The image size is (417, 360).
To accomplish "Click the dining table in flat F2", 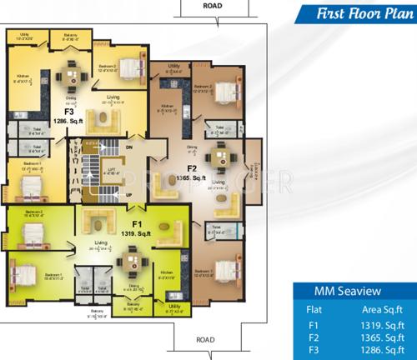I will coord(220,155).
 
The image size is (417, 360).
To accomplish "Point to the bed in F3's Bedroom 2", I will coord(127,67).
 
